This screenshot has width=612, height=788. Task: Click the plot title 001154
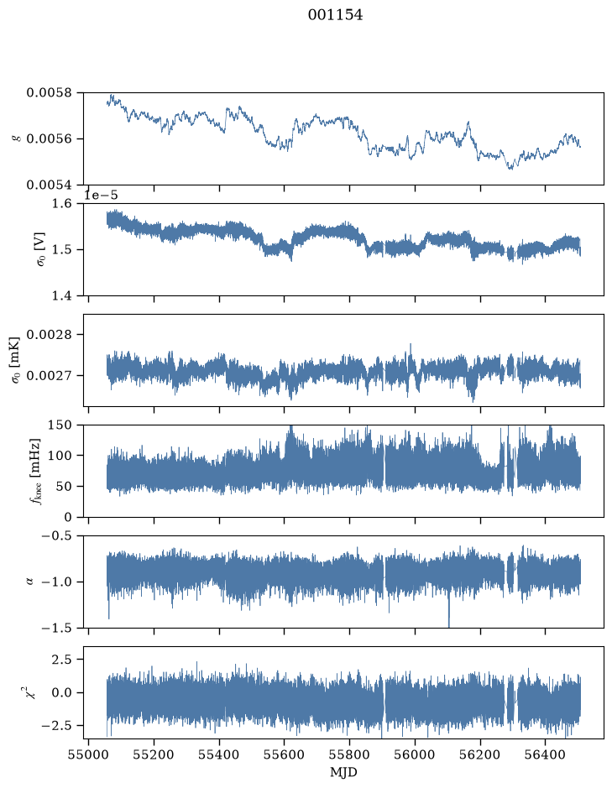pyautogui.click(x=335, y=15)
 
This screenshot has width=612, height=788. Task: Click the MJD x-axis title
pyautogui.click(x=343, y=772)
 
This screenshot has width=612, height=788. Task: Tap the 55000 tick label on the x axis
pyautogui.click(x=88, y=754)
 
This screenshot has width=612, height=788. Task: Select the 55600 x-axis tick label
pyautogui.click(x=284, y=754)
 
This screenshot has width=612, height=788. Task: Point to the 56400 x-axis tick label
pyautogui.click(x=546, y=754)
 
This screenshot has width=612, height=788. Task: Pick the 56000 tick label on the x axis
pyautogui.click(x=415, y=754)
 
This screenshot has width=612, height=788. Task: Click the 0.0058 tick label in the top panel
pyautogui.click(x=50, y=93)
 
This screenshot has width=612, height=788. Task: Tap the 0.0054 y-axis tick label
pyautogui.click(x=50, y=185)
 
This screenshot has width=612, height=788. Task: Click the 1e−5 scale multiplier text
pyautogui.click(x=101, y=195)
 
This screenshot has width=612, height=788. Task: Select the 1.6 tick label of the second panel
pyautogui.click(x=62, y=204)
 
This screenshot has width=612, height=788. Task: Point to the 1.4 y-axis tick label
pyautogui.click(x=62, y=295)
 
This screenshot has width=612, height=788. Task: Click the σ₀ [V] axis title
pyautogui.click(x=41, y=249)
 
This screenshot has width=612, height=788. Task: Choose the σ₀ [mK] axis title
pyautogui.click(x=16, y=360)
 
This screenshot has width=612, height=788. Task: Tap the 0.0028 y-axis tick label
pyautogui.click(x=50, y=335)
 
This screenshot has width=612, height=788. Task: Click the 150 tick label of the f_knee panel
pyautogui.click(x=60, y=425)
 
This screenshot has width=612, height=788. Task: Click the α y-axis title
pyautogui.click(x=29, y=582)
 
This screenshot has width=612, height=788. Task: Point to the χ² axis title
pyautogui.click(x=31, y=692)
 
